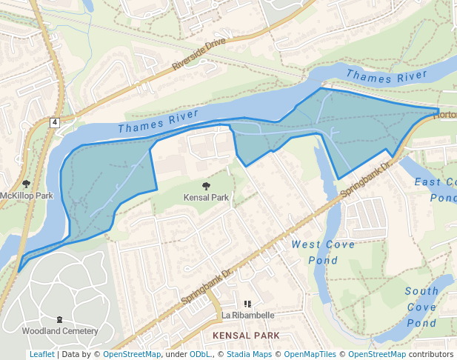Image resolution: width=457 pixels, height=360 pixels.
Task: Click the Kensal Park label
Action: (x=206, y=198)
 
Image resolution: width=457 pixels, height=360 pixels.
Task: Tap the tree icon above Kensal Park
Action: (x=206, y=186)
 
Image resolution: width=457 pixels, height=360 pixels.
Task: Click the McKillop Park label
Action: (x=27, y=196)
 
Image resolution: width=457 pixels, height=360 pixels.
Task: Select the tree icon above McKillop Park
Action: (x=27, y=183)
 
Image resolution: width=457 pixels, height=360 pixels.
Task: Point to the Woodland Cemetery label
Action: (x=60, y=330)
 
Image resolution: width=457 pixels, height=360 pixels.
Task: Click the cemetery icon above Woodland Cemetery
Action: (x=60, y=319)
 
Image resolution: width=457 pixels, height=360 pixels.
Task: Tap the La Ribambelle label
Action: (x=248, y=315)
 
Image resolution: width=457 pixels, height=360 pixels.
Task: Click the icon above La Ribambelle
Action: (x=248, y=304)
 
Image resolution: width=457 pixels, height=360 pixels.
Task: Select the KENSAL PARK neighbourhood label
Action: (x=246, y=336)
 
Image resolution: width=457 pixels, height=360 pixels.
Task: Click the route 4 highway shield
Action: (x=55, y=121)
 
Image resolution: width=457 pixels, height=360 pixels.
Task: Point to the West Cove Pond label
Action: (x=323, y=252)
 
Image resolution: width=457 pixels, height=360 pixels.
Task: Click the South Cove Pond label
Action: (x=421, y=307)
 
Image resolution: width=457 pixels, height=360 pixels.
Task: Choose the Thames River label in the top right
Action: (x=386, y=76)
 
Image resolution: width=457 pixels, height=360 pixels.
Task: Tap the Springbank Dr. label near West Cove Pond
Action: (x=364, y=179)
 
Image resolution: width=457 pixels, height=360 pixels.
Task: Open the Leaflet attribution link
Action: (x=41, y=354)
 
